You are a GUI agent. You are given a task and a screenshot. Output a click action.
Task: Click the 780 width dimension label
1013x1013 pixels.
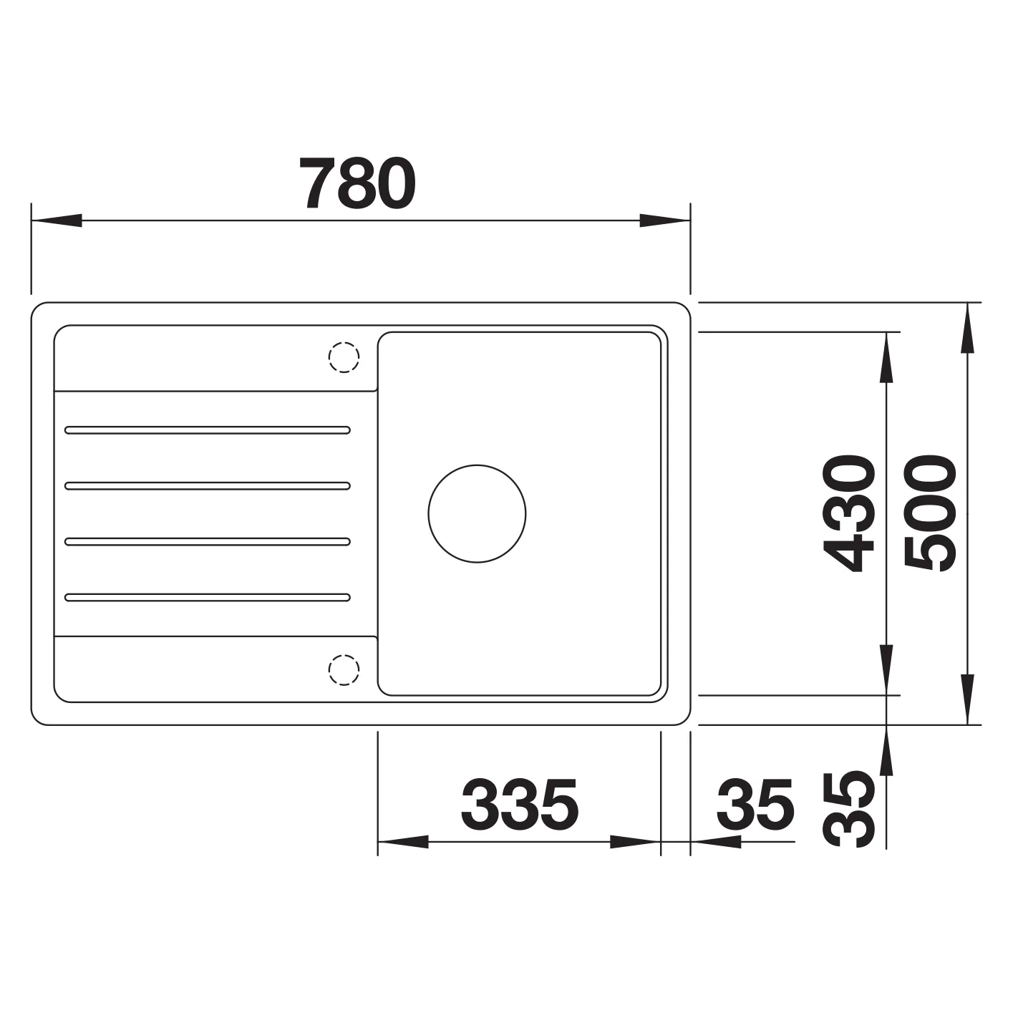(357, 183)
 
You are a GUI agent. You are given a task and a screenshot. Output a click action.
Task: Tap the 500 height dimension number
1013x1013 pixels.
(929, 513)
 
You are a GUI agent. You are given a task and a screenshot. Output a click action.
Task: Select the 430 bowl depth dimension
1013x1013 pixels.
(848, 513)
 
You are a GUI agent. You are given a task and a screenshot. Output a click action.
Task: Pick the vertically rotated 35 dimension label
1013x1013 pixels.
(848, 809)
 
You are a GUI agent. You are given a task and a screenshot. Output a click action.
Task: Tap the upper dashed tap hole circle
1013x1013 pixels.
(344, 357)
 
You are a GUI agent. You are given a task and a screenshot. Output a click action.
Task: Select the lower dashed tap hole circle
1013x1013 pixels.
(344, 670)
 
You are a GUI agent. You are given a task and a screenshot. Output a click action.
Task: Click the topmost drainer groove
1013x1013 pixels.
(208, 430)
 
